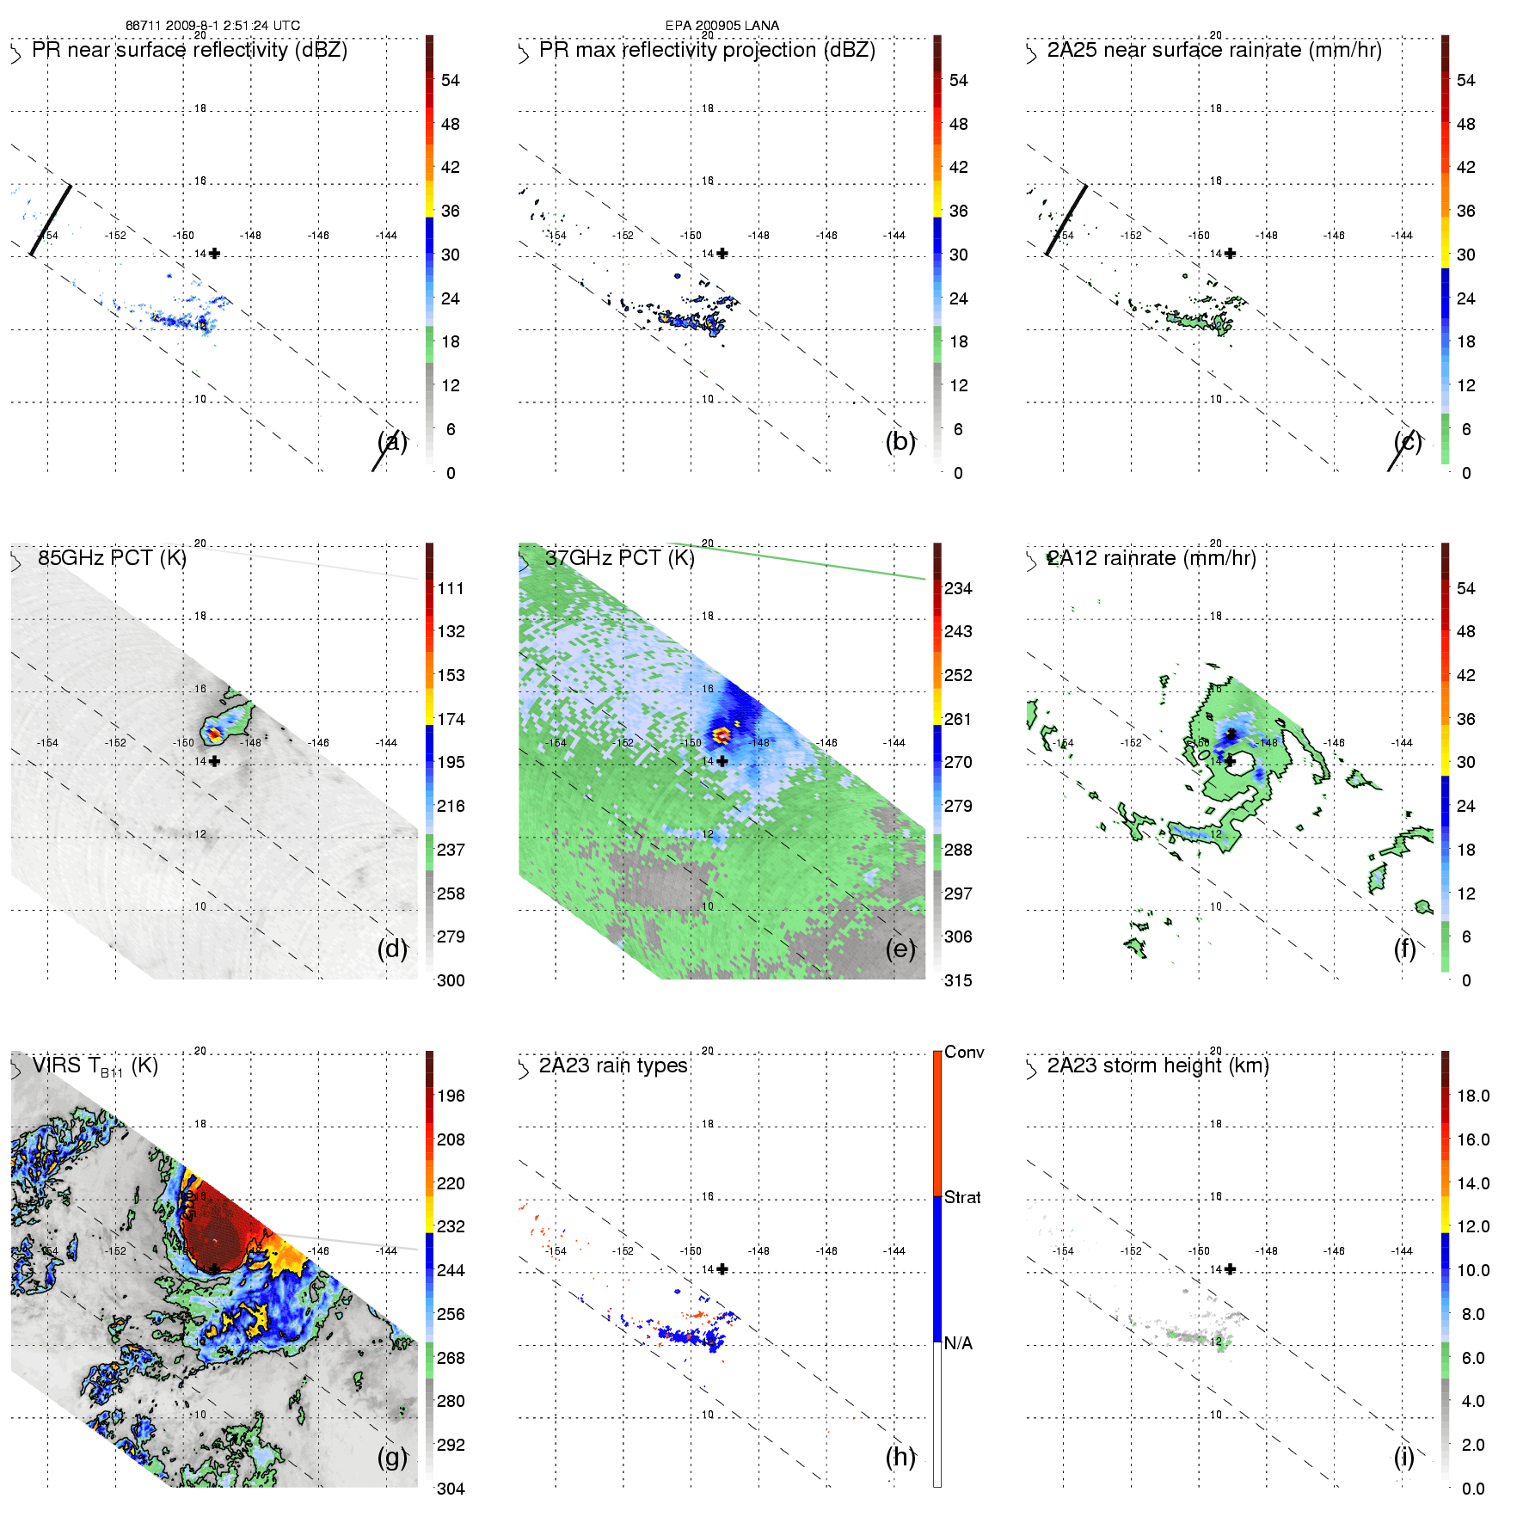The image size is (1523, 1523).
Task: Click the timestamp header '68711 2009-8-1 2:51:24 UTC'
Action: point(212,26)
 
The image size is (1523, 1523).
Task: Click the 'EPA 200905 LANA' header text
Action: point(722,26)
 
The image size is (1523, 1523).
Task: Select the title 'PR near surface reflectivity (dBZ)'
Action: point(189,50)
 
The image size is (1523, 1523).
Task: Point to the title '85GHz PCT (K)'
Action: point(112,558)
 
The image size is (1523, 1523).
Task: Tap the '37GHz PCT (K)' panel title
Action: point(619,558)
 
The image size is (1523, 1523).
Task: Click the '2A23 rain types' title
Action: point(613,1065)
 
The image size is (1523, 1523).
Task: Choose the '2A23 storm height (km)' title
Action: point(1158,1065)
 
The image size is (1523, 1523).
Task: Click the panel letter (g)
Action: point(392,1457)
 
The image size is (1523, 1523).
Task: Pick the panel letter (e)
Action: point(900,949)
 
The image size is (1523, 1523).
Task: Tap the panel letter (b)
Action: point(900,441)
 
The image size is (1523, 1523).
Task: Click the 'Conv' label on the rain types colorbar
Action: point(964,1052)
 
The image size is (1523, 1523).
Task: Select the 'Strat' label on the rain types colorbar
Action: point(962,1197)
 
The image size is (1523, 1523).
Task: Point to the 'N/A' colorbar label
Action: point(958,1343)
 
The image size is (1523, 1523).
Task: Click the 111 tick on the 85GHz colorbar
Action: point(451,588)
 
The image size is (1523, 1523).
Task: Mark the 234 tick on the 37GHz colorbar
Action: point(958,588)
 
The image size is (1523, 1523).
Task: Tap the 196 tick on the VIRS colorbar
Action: point(451,1096)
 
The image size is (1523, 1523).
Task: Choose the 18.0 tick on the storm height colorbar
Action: point(1472,1096)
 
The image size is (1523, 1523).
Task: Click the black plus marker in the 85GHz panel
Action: point(214,761)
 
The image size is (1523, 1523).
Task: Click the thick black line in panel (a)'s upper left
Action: point(51,220)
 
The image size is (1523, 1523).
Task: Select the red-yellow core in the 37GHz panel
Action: point(721,735)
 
